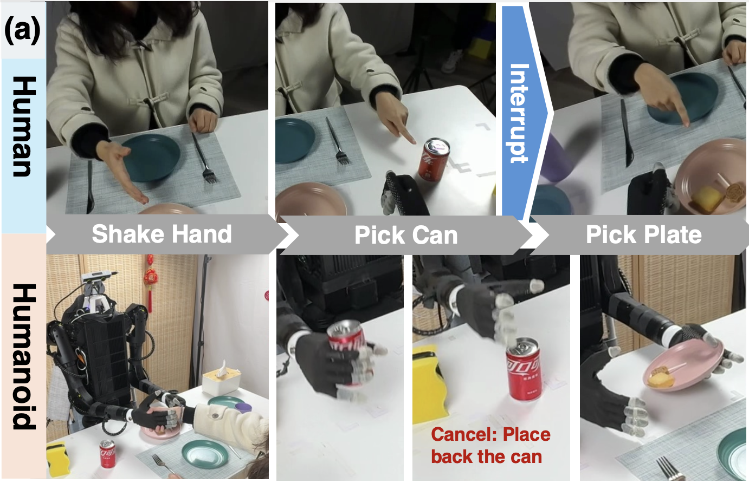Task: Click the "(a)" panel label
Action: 22,30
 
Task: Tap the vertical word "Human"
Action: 23,126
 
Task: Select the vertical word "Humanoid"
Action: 23,356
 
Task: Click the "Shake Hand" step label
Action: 162,234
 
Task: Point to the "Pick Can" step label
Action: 406,235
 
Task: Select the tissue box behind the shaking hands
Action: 221,380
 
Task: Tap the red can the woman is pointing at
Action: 434,159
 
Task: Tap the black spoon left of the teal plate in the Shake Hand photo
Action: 91,186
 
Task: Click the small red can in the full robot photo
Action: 107,453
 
